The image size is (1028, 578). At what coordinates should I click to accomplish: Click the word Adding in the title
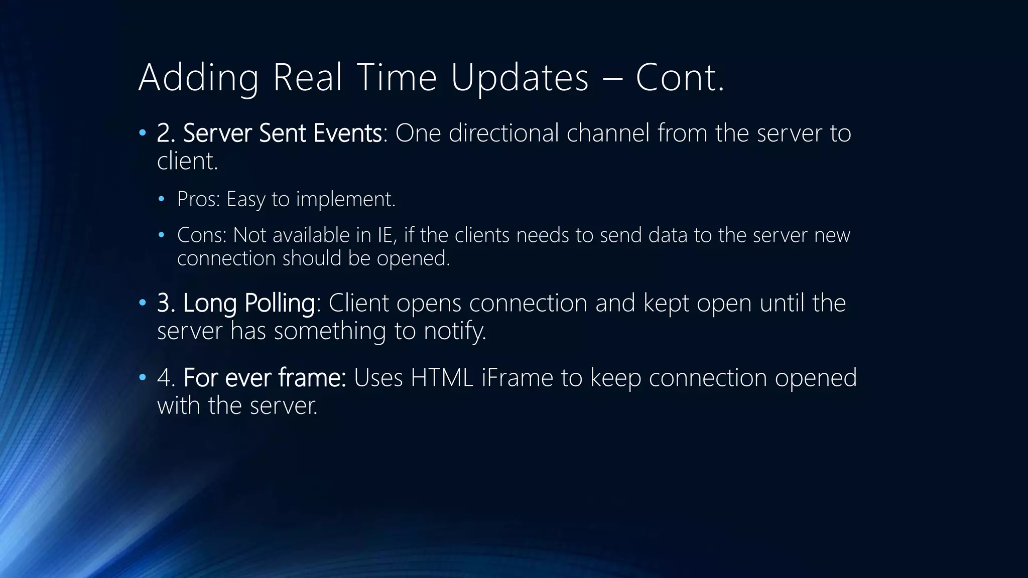pyautogui.click(x=199, y=78)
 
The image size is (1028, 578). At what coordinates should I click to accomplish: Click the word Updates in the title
pyautogui.click(x=520, y=78)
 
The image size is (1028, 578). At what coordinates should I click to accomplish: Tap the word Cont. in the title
pyautogui.click(x=680, y=78)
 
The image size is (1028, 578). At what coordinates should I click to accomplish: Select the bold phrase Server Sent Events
pyautogui.click(x=282, y=133)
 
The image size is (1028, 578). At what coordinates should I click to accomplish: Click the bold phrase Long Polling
pyautogui.click(x=248, y=304)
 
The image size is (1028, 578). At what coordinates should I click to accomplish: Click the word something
pyautogui.click(x=330, y=331)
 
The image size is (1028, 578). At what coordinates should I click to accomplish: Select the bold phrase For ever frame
pyautogui.click(x=265, y=378)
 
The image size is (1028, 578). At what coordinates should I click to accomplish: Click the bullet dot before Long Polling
pyautogui.click(x=143, y=303)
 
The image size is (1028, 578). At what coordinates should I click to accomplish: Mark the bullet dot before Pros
pyautogui.click(x=161, y=199)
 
